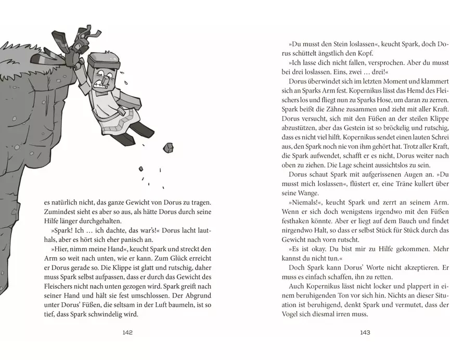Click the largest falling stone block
pos(168,148)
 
